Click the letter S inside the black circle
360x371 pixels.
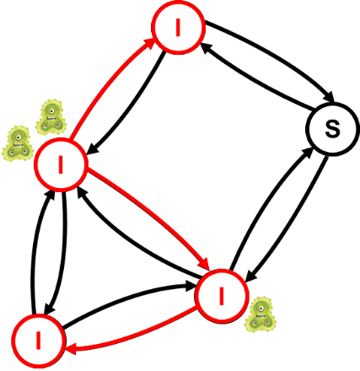[x=332, y=129]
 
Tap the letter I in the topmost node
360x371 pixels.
[x=178, y=28]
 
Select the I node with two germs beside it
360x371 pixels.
[x=61, y=164]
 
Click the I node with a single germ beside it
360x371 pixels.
[x=222, y=296]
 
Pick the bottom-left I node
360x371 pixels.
[x=39, y=341]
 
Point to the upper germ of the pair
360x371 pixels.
[x=51, y=117]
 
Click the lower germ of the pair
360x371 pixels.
[x=18, y=143]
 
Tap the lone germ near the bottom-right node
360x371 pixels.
[x=261, y=315]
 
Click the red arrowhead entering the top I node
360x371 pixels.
[x=149, y=44]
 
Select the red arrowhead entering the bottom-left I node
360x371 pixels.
[x=71, y=350]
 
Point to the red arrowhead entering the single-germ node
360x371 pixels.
[x=203, y=264]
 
